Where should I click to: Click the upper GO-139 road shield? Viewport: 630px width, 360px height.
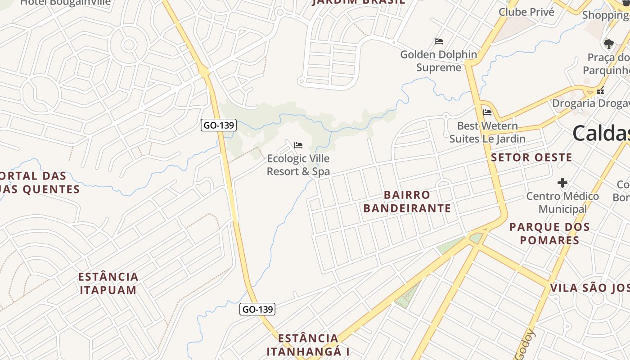click(x=218, y=125)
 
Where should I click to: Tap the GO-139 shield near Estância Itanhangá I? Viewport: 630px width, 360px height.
click(x=257, y=309)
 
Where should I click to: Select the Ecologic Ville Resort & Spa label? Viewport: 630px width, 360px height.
click(x=298, y=165)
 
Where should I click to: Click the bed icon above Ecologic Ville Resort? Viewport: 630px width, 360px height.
click(x=298, y=145)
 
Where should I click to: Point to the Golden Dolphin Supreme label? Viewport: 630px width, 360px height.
click(x=439, y=61)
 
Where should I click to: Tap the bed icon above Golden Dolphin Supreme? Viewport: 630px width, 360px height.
click(x=439, y=41)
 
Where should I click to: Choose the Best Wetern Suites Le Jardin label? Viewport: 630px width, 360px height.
click(x=487, y=132)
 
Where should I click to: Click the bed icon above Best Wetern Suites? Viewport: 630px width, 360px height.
click(x=487, y=112)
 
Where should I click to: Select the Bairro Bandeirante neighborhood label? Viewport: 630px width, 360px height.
click(x=407, y=201)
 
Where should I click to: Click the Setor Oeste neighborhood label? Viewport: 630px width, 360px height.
click(x=531, y=157)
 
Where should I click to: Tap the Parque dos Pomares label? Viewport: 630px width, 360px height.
click(x=549, y=233)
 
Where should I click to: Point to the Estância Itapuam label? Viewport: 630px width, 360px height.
click(x=108, y=283)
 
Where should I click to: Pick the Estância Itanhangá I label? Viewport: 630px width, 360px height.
click(x=308, y=345)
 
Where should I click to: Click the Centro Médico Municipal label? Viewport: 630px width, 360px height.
click(x=562, y=202)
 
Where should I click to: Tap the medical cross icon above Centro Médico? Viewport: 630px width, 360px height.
click(x=562, y=183)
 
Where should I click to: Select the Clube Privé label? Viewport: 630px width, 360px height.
click(x=526, y=12)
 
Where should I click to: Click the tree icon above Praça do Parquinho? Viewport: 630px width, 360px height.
click(x=609, y=44)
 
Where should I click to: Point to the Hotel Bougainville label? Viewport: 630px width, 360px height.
click(x=65, y=3)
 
